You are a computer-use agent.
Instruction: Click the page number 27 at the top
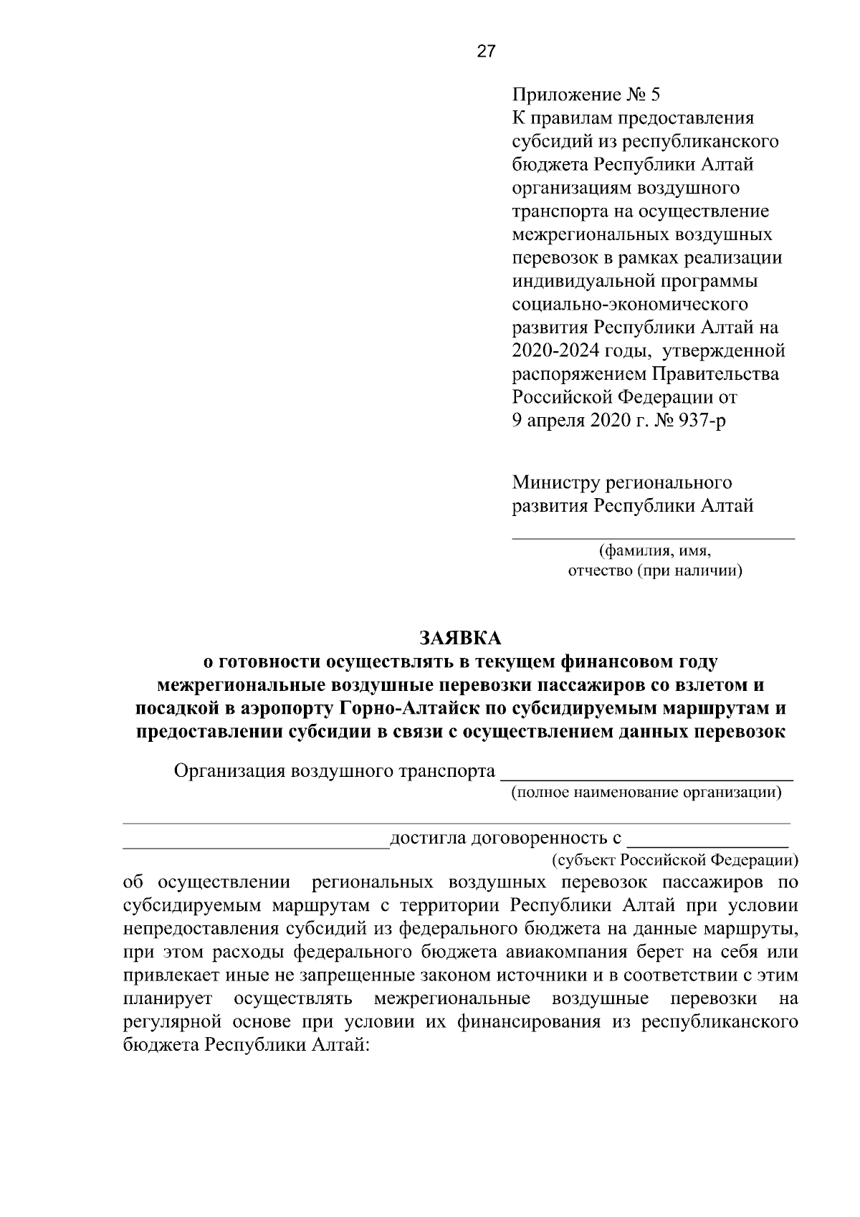[x=485, y=52]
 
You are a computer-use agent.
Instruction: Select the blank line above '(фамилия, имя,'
[x=653, y=537]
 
